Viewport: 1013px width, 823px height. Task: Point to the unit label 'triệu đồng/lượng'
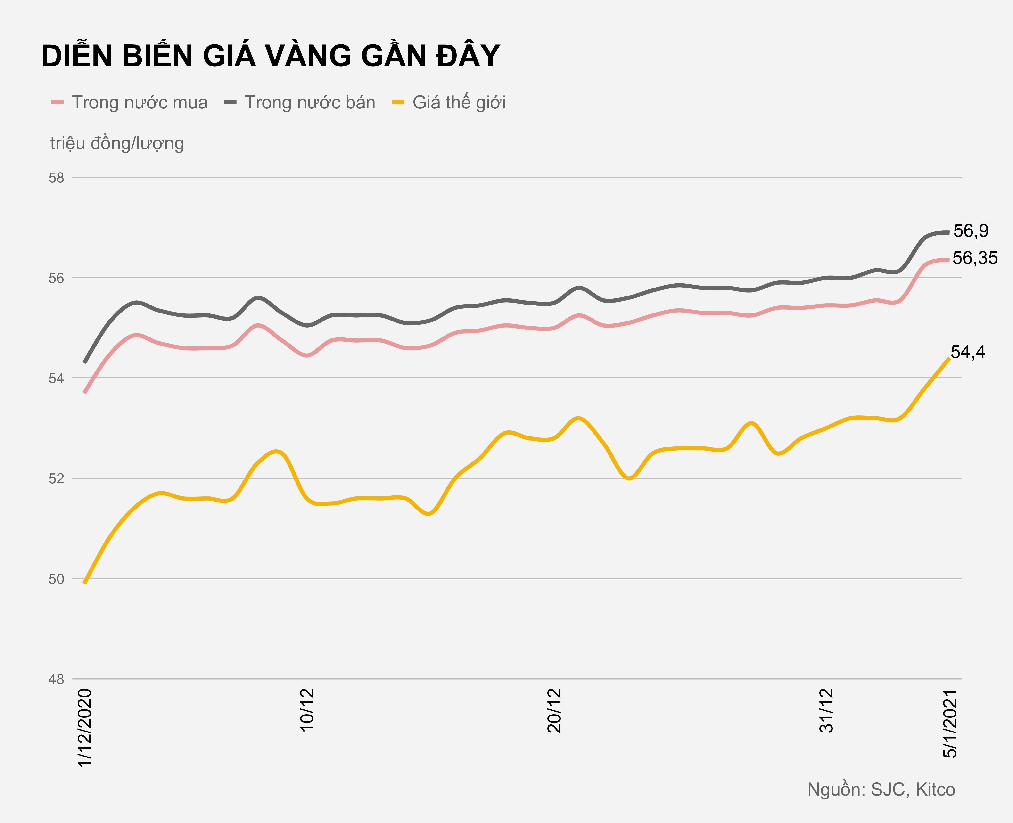click(117, 143)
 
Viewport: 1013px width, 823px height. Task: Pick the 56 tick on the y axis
click(56, 278)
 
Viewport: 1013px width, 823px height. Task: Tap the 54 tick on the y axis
click(56, 378)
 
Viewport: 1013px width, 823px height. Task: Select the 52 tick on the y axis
click(56, 479)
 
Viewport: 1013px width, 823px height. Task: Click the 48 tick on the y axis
click(56, 679)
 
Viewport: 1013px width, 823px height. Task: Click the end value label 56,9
click(971, 231)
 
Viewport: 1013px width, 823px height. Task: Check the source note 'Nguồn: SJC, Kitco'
click(881, 790)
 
